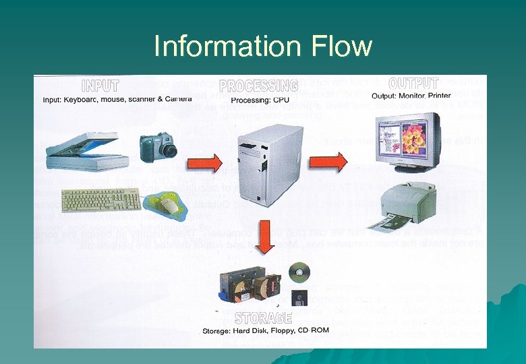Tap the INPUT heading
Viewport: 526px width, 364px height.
100,86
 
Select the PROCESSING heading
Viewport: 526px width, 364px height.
258,86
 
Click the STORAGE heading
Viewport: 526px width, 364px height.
264,317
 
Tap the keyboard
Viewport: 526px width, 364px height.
101,200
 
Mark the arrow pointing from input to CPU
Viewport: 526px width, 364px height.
204,163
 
